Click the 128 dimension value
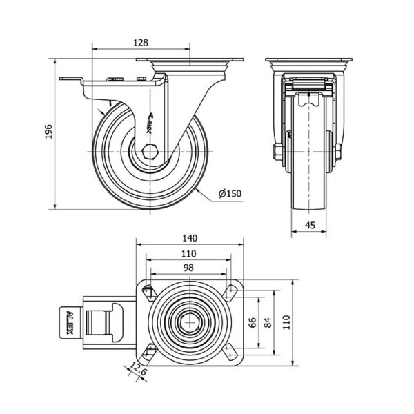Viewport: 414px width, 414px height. (141, 43)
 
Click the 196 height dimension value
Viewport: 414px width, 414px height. (49, 132)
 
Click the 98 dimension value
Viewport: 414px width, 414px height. (189, 268)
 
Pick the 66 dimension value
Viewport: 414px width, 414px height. (253, 322)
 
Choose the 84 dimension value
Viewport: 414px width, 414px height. (269, 322)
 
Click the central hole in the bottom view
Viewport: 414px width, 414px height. (190, 322)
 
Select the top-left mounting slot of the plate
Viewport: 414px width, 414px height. (148, 291)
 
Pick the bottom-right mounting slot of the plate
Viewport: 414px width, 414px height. (233, 353)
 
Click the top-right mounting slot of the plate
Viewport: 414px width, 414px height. (233, 291)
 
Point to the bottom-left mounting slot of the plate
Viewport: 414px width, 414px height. (148, 353)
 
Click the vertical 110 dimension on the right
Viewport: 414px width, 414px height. (289, 322)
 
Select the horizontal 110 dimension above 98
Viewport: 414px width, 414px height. (189, 253)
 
